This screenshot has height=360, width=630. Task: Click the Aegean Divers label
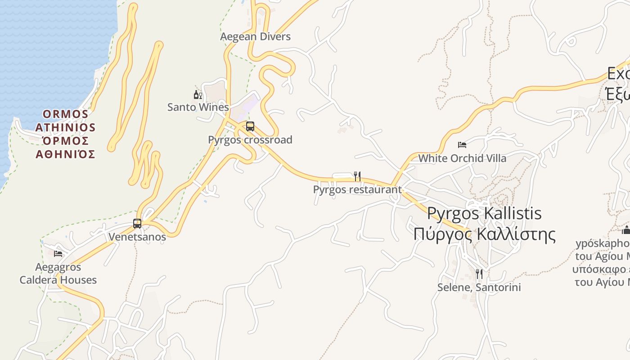coord(255,37)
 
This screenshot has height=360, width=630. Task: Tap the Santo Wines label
coord(198,107)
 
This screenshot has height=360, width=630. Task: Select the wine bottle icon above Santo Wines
coord(198,94)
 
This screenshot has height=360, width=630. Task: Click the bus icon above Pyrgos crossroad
coord(250,126)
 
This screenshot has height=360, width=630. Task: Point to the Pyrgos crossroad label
coord(250,140)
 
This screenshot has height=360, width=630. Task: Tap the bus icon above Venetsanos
coord(137,223)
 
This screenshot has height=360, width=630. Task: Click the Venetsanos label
coord(137,237)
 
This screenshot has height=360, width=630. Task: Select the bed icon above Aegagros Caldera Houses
coord(58,254)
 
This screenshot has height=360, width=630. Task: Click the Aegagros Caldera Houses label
coord(58,274)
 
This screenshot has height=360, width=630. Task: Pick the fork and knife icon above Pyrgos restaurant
coord(357,176)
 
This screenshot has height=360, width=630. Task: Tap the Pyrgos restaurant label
coord(357,189)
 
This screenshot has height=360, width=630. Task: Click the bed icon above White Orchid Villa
coord(462,145)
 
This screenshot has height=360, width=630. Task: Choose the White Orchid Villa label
coord(462,158)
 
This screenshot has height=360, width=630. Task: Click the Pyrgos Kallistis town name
coord(484,213)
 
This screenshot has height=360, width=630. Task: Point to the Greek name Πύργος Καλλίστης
coord(484,234)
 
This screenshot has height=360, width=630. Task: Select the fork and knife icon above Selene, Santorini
coord(479,274)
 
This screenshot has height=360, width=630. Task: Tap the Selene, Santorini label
coord(479,287)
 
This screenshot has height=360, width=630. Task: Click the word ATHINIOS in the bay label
coord(66,128)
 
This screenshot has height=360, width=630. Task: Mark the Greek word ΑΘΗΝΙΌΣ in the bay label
coord(66,155)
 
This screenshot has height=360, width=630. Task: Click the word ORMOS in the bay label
coord(66,114)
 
